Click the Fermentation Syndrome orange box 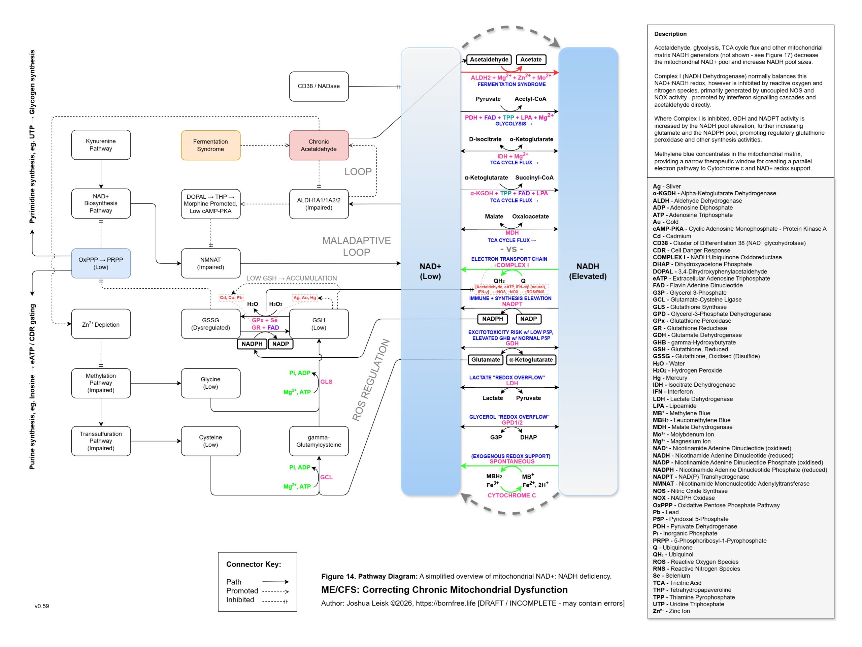(210, 145)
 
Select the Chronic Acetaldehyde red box (319, 145)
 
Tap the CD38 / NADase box (319, 86)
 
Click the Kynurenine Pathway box (101, 145)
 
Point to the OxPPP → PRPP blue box (101, 263)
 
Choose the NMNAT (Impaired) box (210, 263)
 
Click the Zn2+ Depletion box (101, 324)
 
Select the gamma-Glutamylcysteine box (319, 441)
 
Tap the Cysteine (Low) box (210, 441)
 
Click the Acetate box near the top (531, 60)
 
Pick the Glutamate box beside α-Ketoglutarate (486, 360)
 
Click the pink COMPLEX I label (512, 265)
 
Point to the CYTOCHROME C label (512, 495)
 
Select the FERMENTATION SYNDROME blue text (512, 85)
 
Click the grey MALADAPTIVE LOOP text (356, 246)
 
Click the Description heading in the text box (670, 34)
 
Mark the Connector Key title (254, 564)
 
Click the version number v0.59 (42, 606)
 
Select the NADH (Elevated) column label (588, 271)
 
